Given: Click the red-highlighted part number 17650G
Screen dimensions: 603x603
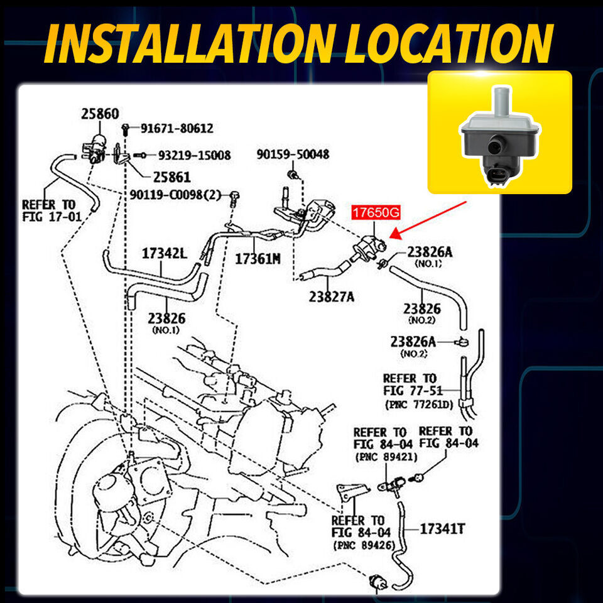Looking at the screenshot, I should [x=376, y=213].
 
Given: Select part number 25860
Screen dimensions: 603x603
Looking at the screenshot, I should [x=99, y=114].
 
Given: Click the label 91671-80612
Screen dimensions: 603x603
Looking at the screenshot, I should [x=177, y=128].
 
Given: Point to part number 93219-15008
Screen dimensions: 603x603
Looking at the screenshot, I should [x=194, y=155].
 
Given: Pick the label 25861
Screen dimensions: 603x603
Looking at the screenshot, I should [x=171, y=177].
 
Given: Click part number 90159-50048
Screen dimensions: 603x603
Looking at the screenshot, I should [x=292, y=154].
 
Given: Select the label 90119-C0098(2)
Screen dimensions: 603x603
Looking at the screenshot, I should [x=176, y=195].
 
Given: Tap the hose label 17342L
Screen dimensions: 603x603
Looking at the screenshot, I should [x=165, y=253].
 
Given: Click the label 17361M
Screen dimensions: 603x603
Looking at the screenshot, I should [x=258, y=258].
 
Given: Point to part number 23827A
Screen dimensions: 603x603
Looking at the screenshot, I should [x=331, y=296].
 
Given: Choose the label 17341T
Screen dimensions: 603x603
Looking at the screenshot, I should [x=442, y=529].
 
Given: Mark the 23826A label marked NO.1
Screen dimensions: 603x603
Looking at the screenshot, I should [x=430, y=253].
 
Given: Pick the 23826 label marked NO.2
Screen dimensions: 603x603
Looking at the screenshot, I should [x=421, y=308].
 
